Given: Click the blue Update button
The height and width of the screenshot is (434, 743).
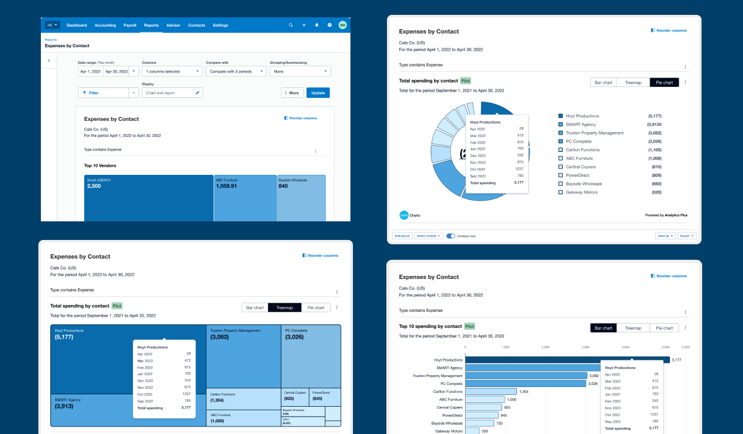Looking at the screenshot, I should pos(318,93).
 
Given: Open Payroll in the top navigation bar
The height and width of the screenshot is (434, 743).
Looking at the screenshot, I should pos(130,25).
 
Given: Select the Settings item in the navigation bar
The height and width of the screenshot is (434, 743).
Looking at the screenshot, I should pos(220,25).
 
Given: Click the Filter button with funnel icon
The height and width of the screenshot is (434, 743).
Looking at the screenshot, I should pos(103,93).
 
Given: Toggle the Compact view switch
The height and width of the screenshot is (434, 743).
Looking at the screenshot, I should pos(451,236).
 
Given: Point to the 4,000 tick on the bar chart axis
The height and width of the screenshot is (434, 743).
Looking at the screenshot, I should pos(626,347).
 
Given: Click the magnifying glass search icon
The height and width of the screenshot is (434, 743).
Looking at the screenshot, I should pos(291,25).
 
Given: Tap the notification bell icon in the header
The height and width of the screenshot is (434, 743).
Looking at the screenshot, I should pos(316,25).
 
